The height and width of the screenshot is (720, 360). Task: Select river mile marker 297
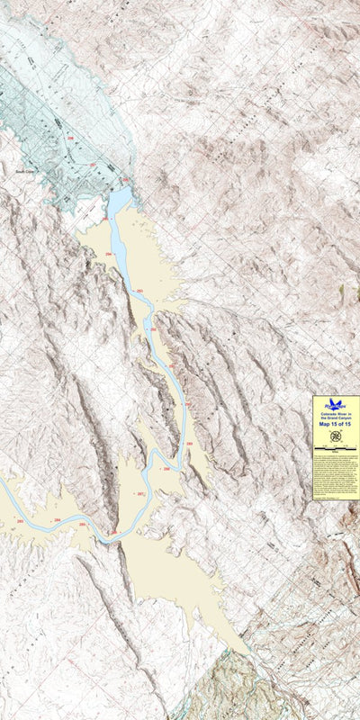[x=94, y=165]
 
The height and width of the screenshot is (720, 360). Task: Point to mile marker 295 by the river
[x=105, y=218]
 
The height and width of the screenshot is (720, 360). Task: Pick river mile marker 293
[x=139, y=292]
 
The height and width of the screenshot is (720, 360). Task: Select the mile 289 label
[x=188, y=444]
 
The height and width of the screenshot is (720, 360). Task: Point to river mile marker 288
[x=166, y=469]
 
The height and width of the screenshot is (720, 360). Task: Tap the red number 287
[x=140, y=494]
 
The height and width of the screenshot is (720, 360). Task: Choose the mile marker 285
[x=83, y=524]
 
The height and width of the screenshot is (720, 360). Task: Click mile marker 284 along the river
[x=58, y=520]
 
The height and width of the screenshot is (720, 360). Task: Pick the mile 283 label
[x=21, y=521]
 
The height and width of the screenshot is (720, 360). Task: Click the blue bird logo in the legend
[x=336, y=404]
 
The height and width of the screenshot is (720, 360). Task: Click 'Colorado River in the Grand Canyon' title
[x=336, y=414]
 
